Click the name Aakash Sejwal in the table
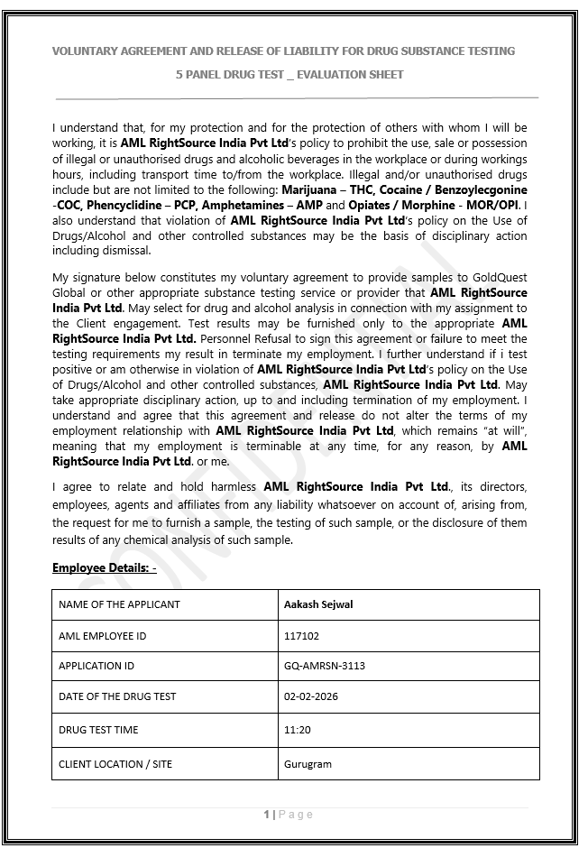coord(317,604)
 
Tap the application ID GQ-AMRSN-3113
coord(325,666)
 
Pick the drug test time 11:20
coord(298,730)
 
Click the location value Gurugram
coord(308,764)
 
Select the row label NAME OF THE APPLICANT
coord(119,604)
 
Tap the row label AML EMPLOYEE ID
coord(102,636)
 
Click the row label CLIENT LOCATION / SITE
coord(115,764)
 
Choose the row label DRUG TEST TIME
coord(98,730)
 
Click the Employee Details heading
coord(105,567)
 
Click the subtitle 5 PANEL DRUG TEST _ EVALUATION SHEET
coord(289,74)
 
